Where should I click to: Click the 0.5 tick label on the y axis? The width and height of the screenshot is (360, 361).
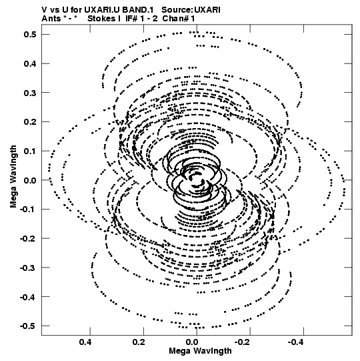pos(30,35)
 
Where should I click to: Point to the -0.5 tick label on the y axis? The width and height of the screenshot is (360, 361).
pos(28,326)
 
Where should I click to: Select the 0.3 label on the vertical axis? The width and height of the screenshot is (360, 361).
pos(30,93)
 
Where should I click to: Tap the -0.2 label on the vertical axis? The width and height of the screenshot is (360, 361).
pos(28,238)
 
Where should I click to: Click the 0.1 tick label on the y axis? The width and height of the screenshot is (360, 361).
pos(30,151)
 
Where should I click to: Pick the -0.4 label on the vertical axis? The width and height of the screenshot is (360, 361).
pos(28,297)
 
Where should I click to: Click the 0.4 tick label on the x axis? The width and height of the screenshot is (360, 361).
pos(85,342)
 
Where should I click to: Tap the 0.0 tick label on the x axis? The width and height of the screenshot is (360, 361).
pos(192,342)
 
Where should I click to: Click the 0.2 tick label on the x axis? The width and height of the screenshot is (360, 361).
pos(139,342)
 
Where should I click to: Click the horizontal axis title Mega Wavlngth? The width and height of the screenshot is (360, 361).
pos(200,351)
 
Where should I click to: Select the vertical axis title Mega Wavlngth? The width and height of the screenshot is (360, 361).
pos(13,177)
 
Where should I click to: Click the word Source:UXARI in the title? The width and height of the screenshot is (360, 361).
pos(191,10)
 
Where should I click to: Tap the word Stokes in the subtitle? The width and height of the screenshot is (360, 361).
pos(102,19)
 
